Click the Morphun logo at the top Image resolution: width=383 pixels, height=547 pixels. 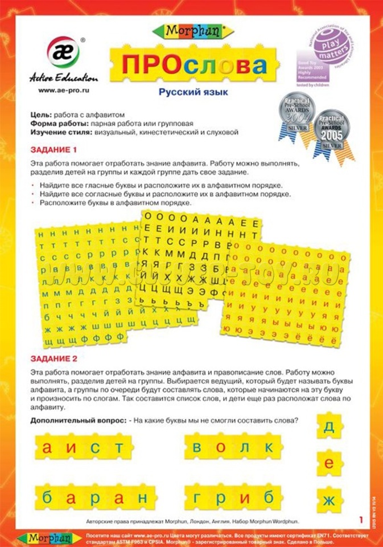pos(191,31)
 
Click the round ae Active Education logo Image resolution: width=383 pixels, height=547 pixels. pos(63,52)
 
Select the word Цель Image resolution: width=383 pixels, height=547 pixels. pos(41,115)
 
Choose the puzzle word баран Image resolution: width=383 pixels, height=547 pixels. pos(94,497)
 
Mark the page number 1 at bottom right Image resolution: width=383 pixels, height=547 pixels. pos(361,519)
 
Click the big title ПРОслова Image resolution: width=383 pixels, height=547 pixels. pos(193,64)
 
